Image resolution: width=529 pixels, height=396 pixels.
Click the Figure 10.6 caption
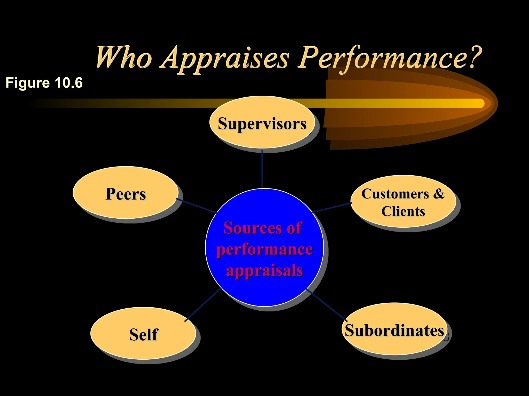pos(44,83)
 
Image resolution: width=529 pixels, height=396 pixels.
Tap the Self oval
pos(143,334)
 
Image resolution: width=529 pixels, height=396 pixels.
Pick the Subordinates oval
pos(394,330)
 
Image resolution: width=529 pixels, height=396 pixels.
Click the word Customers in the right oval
pos(395,194)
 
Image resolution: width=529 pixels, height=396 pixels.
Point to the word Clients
pos(403,211)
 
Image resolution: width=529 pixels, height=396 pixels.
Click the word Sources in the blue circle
pos(250,228)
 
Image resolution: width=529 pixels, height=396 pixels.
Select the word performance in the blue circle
pos(264,250)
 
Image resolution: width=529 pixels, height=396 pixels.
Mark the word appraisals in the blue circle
pos(264,271)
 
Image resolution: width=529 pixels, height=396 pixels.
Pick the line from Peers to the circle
pos(196,205)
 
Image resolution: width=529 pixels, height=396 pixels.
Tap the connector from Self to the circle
pos(203,305)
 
